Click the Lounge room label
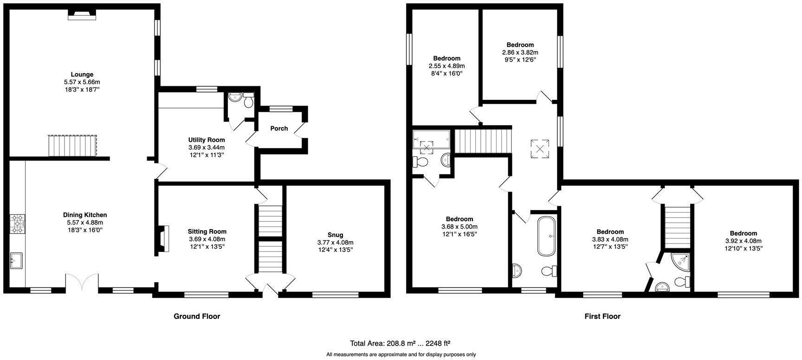pos(82,74)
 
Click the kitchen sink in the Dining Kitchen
pos(17,260)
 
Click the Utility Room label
pos(207,140)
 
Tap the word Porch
pos(279,129)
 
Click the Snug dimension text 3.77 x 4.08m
pos(335,242)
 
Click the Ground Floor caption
pos(197,316)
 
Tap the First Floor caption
pos(602,316)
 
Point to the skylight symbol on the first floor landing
pos(540,149)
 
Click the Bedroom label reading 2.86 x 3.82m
pos(520,52)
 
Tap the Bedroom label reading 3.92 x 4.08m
pos(743,241)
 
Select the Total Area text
pos(400,343)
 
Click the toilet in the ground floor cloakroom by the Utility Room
pos(248,99)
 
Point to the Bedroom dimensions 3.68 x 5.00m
pos(459,226)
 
